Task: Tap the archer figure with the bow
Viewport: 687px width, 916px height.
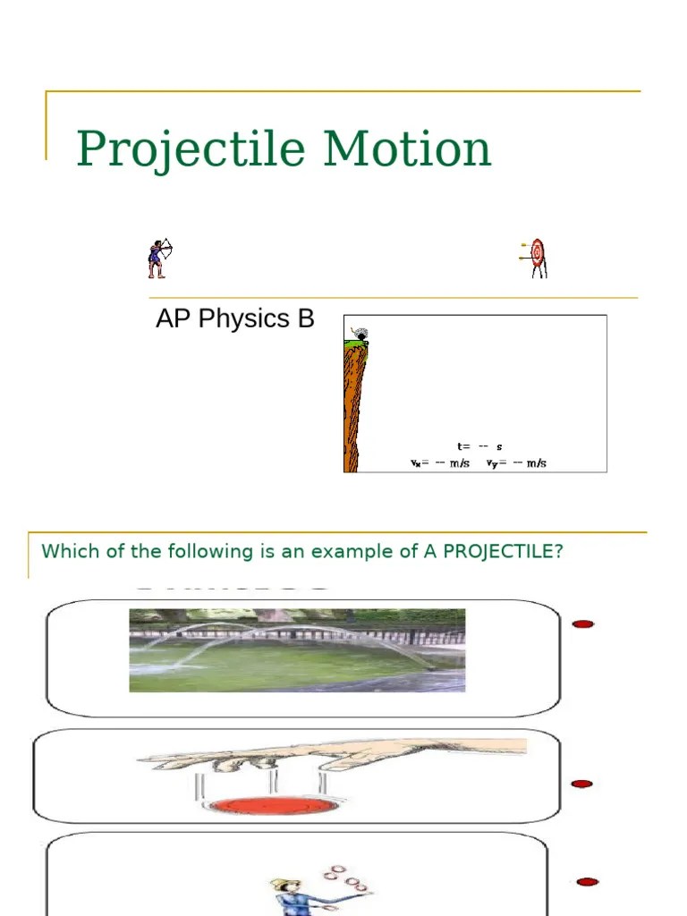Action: pos(159,258)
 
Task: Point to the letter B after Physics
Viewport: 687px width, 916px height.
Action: pos(305,319)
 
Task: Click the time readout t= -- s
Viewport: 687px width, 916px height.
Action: pos(479,446)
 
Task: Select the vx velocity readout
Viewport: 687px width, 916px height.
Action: pos(439,463)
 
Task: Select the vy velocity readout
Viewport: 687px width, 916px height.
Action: pos(516,463)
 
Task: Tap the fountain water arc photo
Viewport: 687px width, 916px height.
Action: pos(297,650)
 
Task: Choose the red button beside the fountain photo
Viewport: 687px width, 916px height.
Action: pos(583,623)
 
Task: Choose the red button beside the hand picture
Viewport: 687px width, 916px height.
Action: pos(581,784)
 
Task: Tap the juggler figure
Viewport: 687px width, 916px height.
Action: pos(295,895)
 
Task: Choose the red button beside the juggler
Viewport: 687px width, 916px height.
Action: pos(587,882)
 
